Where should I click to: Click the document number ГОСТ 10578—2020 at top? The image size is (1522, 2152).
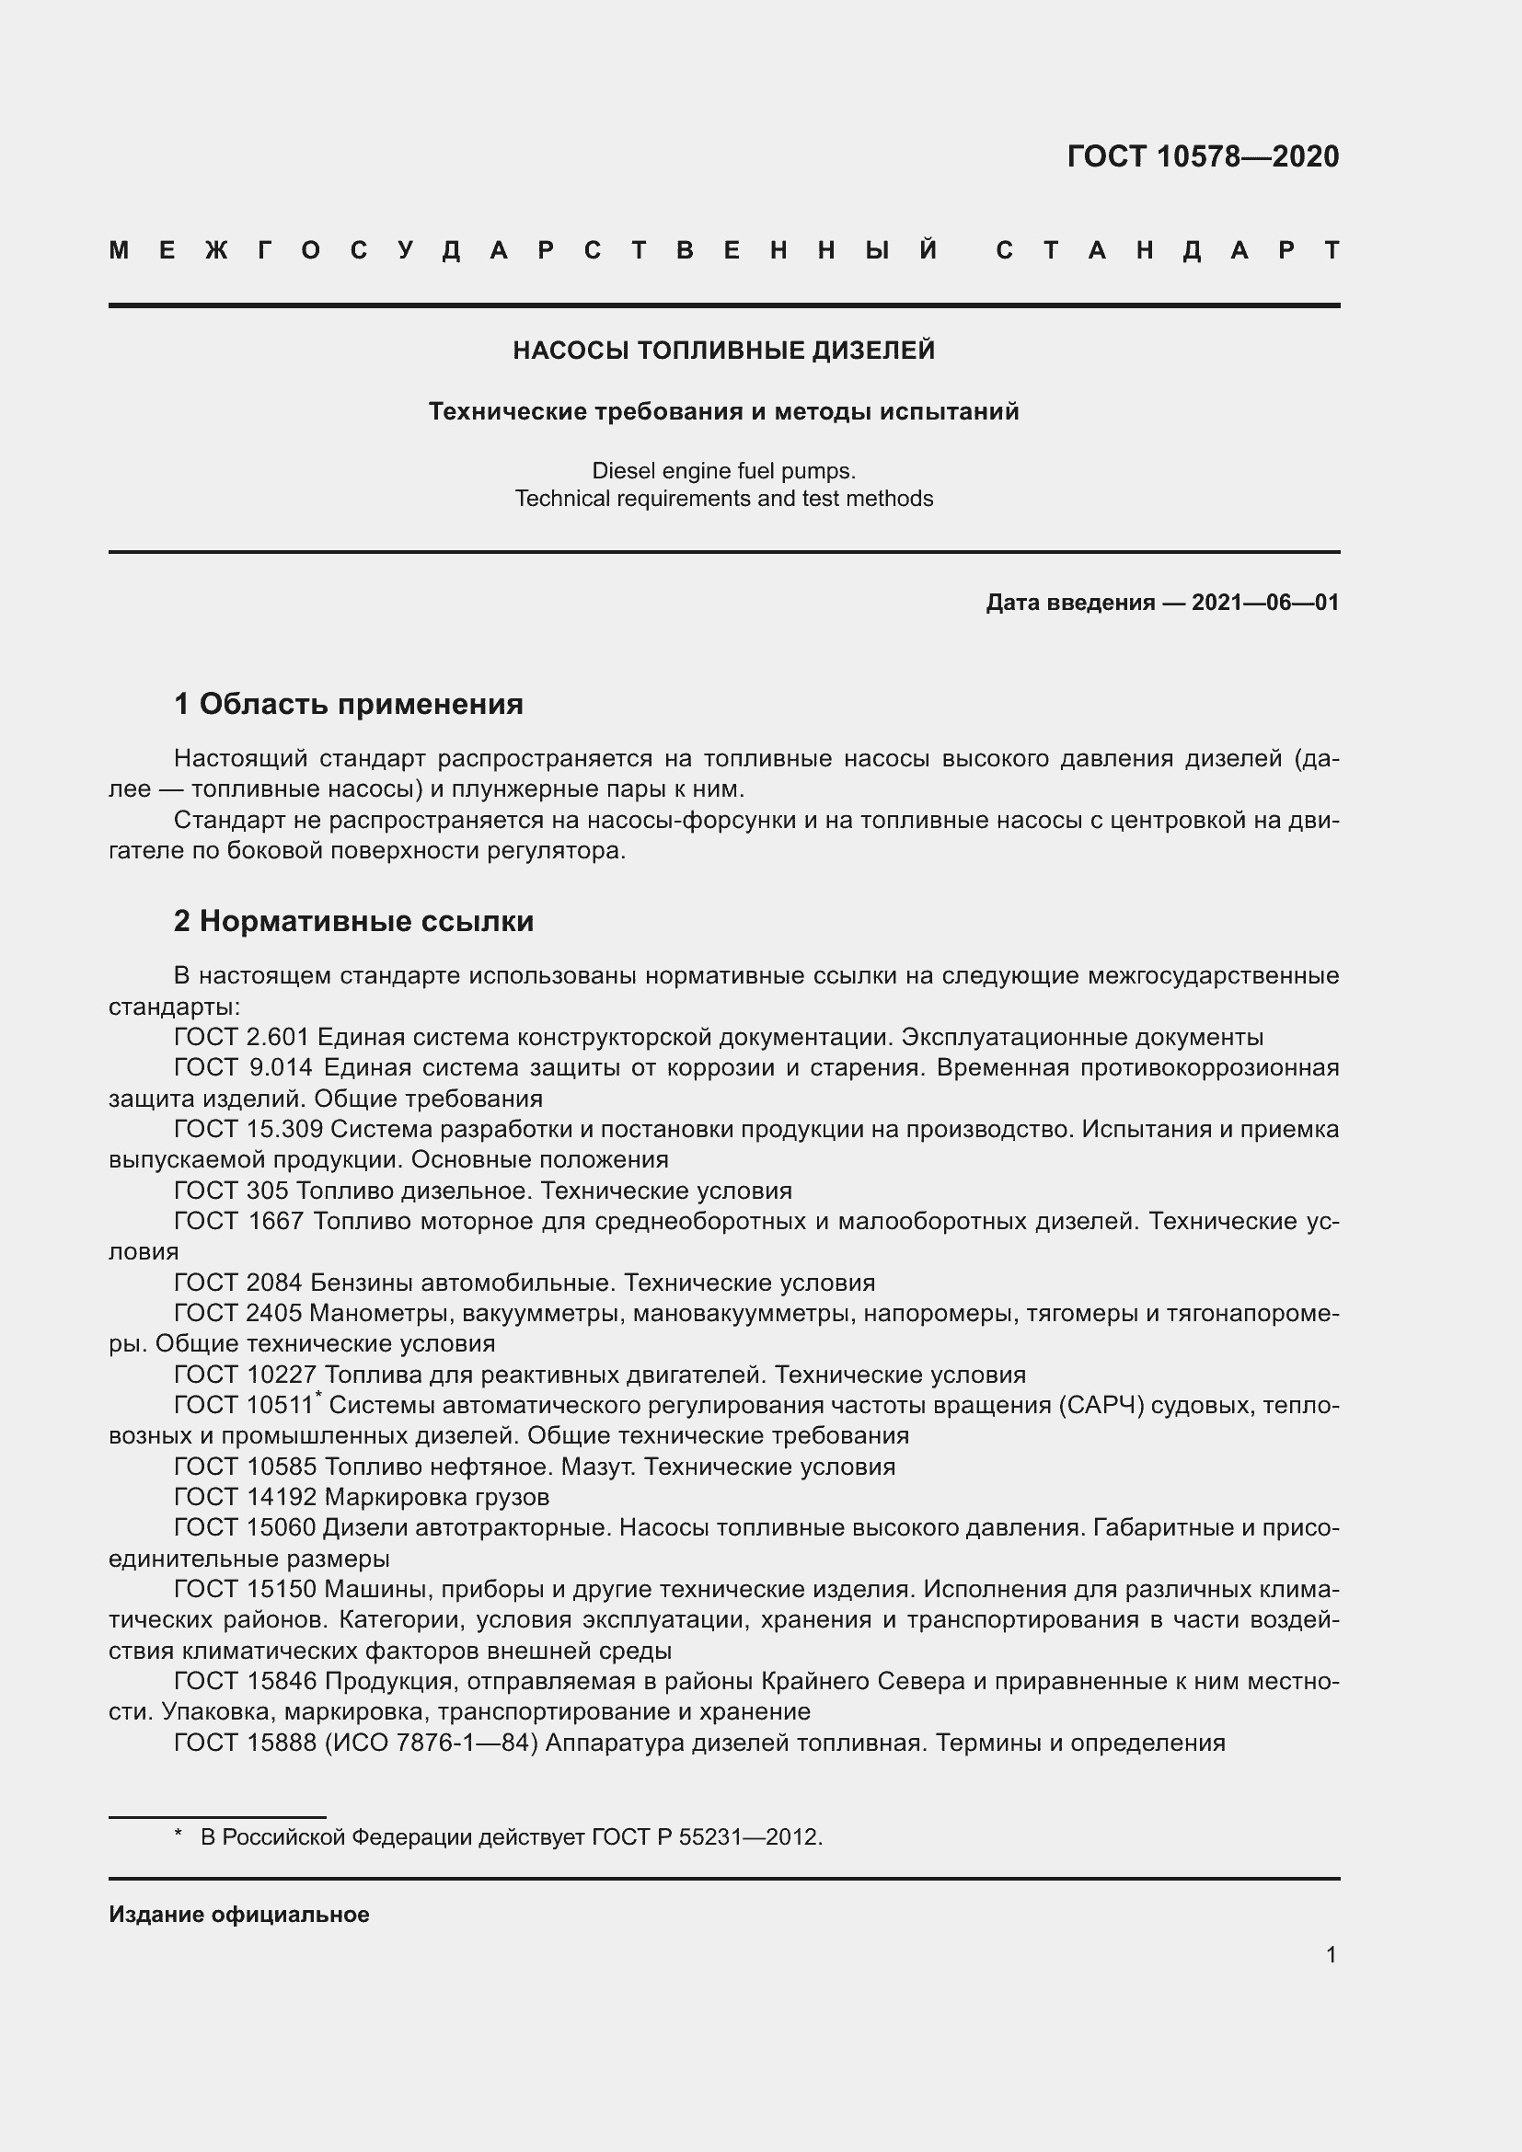(x=1203, y=156)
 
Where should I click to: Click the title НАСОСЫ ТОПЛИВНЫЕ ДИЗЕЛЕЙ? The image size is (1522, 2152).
(x=723, y=351)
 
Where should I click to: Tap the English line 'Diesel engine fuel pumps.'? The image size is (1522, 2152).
(x=723, y=470)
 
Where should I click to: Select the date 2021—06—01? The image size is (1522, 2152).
(x=1264, y=603)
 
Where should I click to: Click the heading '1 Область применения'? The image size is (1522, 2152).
(x=349, y=703)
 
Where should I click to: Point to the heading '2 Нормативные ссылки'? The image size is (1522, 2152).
(x=353, y=921)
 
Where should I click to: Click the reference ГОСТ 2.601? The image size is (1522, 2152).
(x=242, y=1038)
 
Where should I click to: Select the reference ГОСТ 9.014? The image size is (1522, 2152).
(x=242, y=1067)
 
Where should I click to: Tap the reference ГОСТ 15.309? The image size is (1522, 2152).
(x=248, y=1130)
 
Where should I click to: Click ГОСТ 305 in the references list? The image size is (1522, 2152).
(x=232, y=1191)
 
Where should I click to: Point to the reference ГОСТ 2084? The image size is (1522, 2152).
(x=238, y=1283)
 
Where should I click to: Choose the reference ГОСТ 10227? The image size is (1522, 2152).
(x=246, y=1375)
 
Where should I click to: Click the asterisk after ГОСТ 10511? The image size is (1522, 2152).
(x=318, y=1397)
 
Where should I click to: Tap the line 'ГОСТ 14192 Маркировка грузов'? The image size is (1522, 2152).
(x=362, y=1497)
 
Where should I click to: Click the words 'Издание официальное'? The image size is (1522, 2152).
(x=239, y=1915)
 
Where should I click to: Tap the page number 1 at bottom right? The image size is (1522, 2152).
(x=1331, y=1955)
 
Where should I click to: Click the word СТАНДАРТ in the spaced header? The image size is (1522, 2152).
(x=1167, y=251)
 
